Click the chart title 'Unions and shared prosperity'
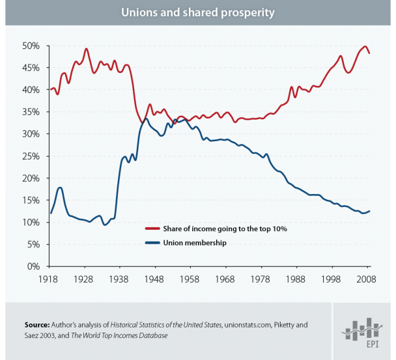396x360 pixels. click(197, 12)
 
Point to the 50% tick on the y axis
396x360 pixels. click(31, 46)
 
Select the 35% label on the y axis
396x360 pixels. click(31, 112)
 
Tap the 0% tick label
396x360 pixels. click(34, 266)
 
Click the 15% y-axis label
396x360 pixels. click(31, 201)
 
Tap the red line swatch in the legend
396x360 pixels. click(153, 229)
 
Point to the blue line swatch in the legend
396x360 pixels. click(153, 242)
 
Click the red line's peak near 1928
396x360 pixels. click(86, 49)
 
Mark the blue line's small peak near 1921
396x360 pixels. click(60, 187)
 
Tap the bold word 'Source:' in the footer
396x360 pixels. click(37, 324)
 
